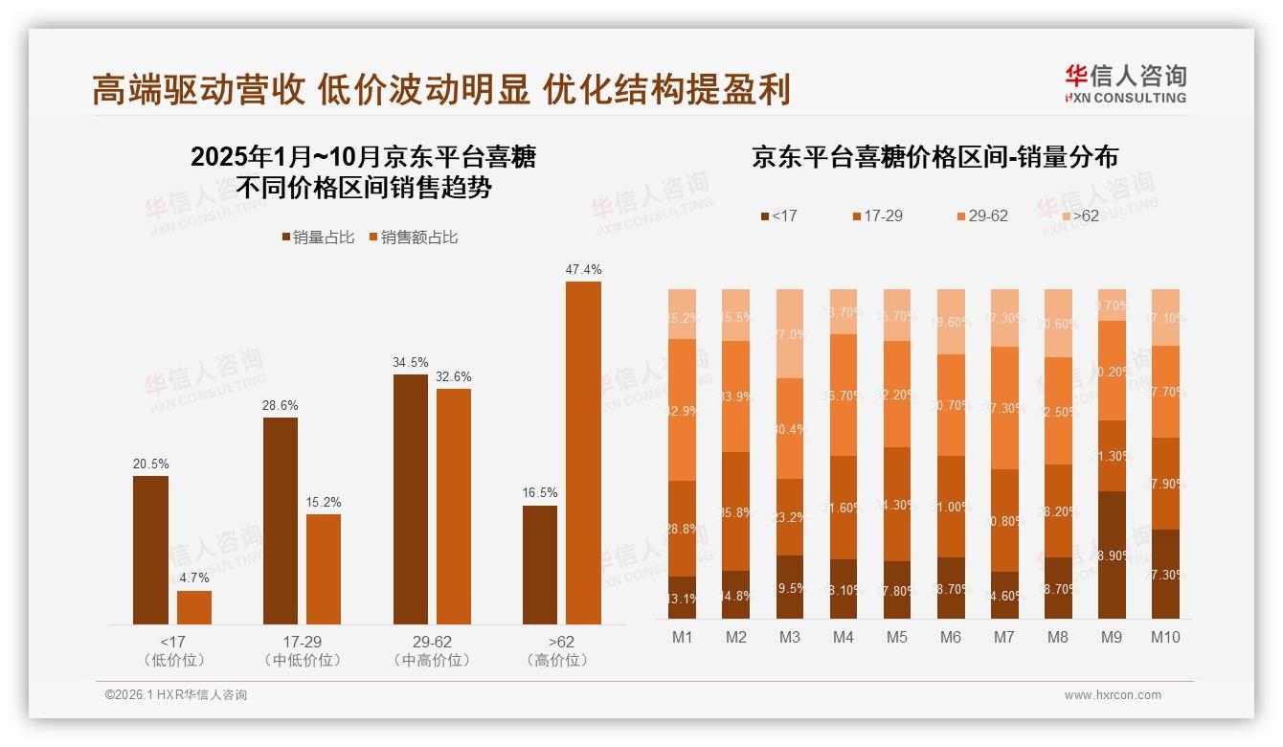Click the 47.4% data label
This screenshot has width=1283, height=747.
(x=583, y=270)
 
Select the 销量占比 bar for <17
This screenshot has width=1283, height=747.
(x=150, y=550)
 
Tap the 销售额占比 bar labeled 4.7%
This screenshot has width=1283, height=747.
(x=194, y=607)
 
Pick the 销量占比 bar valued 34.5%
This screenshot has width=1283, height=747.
(x=411, y=498)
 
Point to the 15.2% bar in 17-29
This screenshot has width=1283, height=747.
(x=324, y=569)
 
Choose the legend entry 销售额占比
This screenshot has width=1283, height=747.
(x=413, y=237)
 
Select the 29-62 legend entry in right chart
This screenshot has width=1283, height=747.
(x=981, y=216)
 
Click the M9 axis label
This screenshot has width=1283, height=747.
(x=1112, y=637)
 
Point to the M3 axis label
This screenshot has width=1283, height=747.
(x=790, y=637)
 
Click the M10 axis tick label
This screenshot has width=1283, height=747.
(x=1165, y=637)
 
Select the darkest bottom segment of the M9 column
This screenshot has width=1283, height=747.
(x=1112, y=555)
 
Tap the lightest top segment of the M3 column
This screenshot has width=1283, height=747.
(x=790, y=333)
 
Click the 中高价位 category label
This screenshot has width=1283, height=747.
(x=432, y=661)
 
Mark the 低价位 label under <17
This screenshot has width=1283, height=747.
(x=172, y=661)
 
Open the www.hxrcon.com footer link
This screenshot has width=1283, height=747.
(x=1112, y=695)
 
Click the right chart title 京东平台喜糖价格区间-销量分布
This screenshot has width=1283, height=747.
(x=934, y=157)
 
